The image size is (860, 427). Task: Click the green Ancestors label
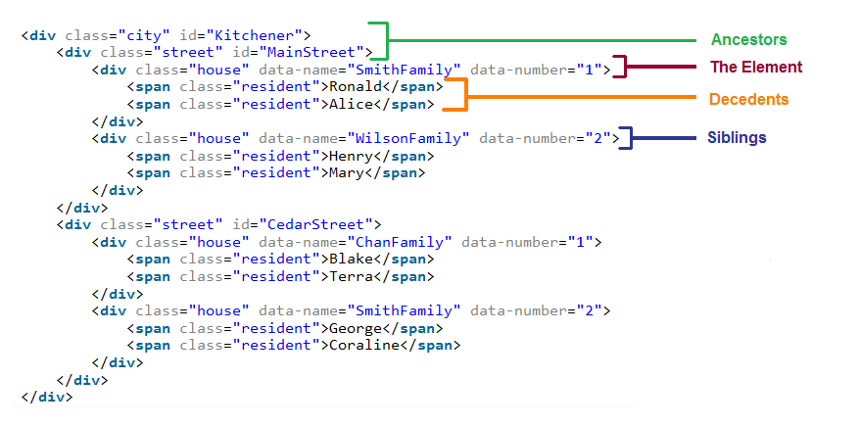pyautogui.click(x=749, y=40)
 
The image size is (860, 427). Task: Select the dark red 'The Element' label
pyautogui.click(x=756, y=68)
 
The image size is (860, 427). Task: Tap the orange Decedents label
pyautogui.click(x=748, y=100)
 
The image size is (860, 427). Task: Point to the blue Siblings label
pyautogui.click(x=737, y=138)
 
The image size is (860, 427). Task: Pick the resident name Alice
pyautogui.click(x=348, y=105)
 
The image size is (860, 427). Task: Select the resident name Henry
pyautogui.click(x=352, y=156)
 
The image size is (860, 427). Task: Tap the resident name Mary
pyautogui.click(x=348, y=173)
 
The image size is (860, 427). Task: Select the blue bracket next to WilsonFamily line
pyautogui.click(x=627, y=138)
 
